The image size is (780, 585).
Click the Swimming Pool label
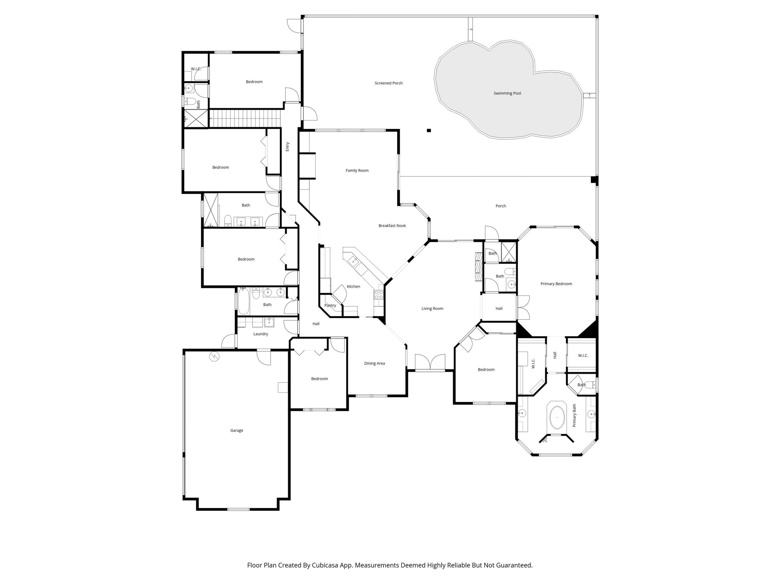point(507,93)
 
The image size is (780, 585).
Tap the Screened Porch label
point(389,83)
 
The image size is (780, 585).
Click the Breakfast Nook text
point(392,226)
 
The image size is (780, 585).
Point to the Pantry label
point(330,306)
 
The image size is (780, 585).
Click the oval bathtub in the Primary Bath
point(557,418)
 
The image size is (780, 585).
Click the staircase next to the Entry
point(245,118)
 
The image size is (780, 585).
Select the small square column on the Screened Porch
point(429,131)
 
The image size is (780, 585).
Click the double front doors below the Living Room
point(430,362)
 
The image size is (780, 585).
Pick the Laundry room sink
point(269,322)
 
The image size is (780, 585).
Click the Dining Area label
point(375,363)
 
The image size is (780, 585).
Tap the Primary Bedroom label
point(556,284)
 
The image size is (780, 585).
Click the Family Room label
point(357,171)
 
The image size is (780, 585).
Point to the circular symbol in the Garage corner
point(214,357)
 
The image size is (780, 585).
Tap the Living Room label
point(432,308)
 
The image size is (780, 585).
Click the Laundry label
point(261,334)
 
